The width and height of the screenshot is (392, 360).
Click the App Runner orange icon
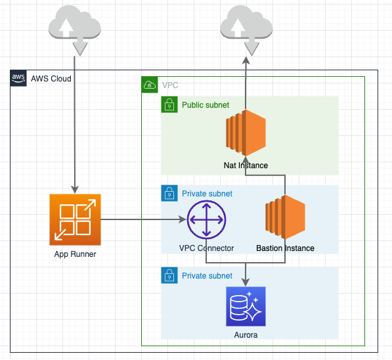click(x=75, y=219)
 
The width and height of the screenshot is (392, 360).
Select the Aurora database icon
click(x=246, y=306)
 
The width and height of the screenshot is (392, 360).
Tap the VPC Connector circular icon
click(x=206, y=220)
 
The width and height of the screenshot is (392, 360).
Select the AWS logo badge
click(x=18, y=78)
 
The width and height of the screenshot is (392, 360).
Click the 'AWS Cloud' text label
click(x=51, y=79)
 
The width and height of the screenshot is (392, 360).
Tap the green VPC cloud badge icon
click(x=150, y=85)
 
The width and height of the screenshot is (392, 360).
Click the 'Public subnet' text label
click(x=206, y=104)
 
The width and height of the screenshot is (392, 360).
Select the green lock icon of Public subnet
click(x=169, y=104)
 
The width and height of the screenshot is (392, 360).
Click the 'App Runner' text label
click(x=75, y=254)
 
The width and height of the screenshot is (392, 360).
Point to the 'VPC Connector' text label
click(x=206, y=248)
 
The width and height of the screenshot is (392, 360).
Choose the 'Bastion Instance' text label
click(x=285, y=248)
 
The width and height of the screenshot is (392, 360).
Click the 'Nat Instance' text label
click(x=246, y=165)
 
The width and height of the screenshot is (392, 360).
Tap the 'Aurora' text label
click(x=246, y=335)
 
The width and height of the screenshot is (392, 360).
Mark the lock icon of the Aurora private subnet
click(x=169, y=275)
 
